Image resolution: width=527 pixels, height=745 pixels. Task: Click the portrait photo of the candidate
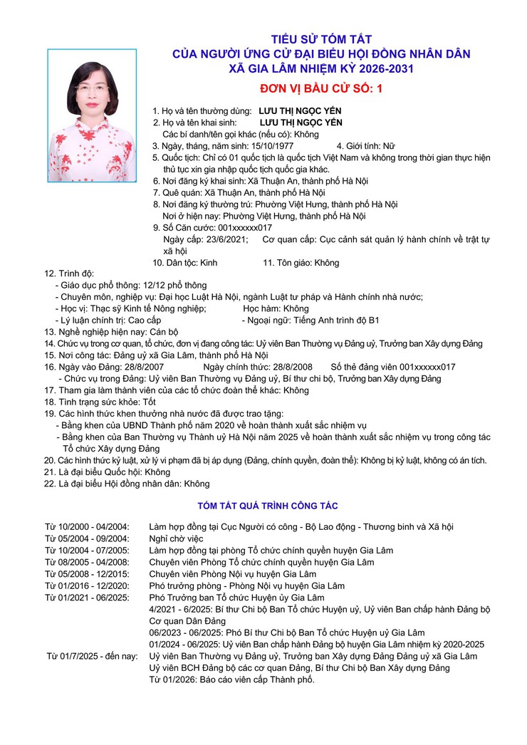point(92,115)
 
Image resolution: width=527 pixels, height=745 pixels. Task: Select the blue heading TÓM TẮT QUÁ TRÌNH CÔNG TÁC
point(267,506)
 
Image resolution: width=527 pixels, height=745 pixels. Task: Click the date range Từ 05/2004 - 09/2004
point(88,538)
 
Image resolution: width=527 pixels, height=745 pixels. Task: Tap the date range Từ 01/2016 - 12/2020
point(88,585)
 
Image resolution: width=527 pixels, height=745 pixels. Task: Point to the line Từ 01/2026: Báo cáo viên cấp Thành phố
point(231,679)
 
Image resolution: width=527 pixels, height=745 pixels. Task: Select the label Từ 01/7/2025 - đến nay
point(93,656)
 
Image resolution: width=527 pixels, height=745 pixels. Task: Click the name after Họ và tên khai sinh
point(300,123)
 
